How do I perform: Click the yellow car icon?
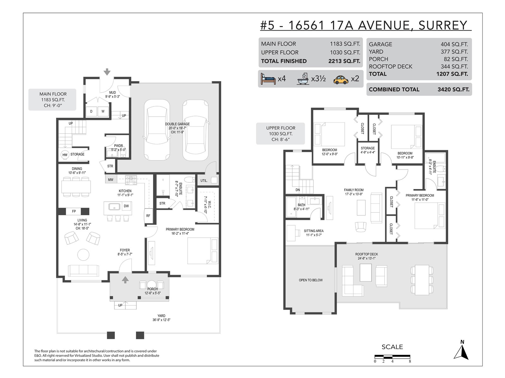tap(341, 79)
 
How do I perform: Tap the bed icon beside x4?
tap(268, 79)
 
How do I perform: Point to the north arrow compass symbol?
tap(461, 352)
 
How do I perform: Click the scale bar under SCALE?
tap(392, 357)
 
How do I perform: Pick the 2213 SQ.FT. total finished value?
tap(344, 61)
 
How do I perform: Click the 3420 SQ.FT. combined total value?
tap(454, 89)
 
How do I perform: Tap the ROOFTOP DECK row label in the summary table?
tap(391, 66)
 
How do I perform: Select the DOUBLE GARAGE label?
tap(177, 124)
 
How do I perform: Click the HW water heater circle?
tap(65, 155)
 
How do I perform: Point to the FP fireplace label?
tap(74, 211)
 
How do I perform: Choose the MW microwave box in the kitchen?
tap(111, 180)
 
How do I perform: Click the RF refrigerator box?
tap(148, 216)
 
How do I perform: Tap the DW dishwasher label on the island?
tap(126, 206)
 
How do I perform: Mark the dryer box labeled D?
tap(91, 111)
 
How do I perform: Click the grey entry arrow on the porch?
tap(125, 280)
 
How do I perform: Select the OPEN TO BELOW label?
tap(311, 280)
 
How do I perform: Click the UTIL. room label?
tap(204, 180)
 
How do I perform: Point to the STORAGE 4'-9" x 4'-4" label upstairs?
tap(368, 150)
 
